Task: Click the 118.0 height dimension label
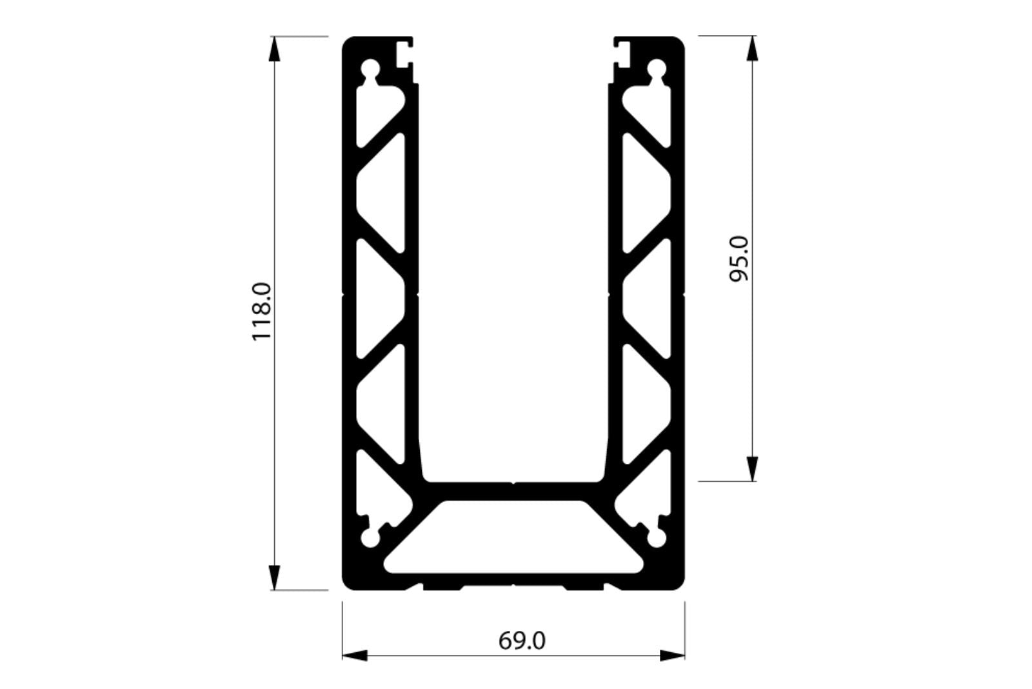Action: point(263,312)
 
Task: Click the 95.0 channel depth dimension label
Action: point(738,258)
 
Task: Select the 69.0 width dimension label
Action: point(522,641)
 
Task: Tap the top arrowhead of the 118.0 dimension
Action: point(275,48)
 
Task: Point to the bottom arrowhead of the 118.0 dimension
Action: point(275,577)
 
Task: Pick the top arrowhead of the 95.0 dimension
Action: point(751,48)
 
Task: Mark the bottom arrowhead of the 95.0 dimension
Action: point(751,469)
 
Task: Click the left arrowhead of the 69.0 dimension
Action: point(354,656)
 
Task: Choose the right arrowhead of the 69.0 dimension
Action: point(672,656)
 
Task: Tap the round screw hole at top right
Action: point(657,69)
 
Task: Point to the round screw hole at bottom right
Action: point(657,539)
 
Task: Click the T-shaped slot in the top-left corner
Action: point(404,54)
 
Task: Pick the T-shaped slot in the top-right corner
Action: point(623,54)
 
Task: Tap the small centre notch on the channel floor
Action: point(514,482)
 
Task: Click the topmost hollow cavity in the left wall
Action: point(379,116)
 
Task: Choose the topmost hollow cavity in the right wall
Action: point(648,116)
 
